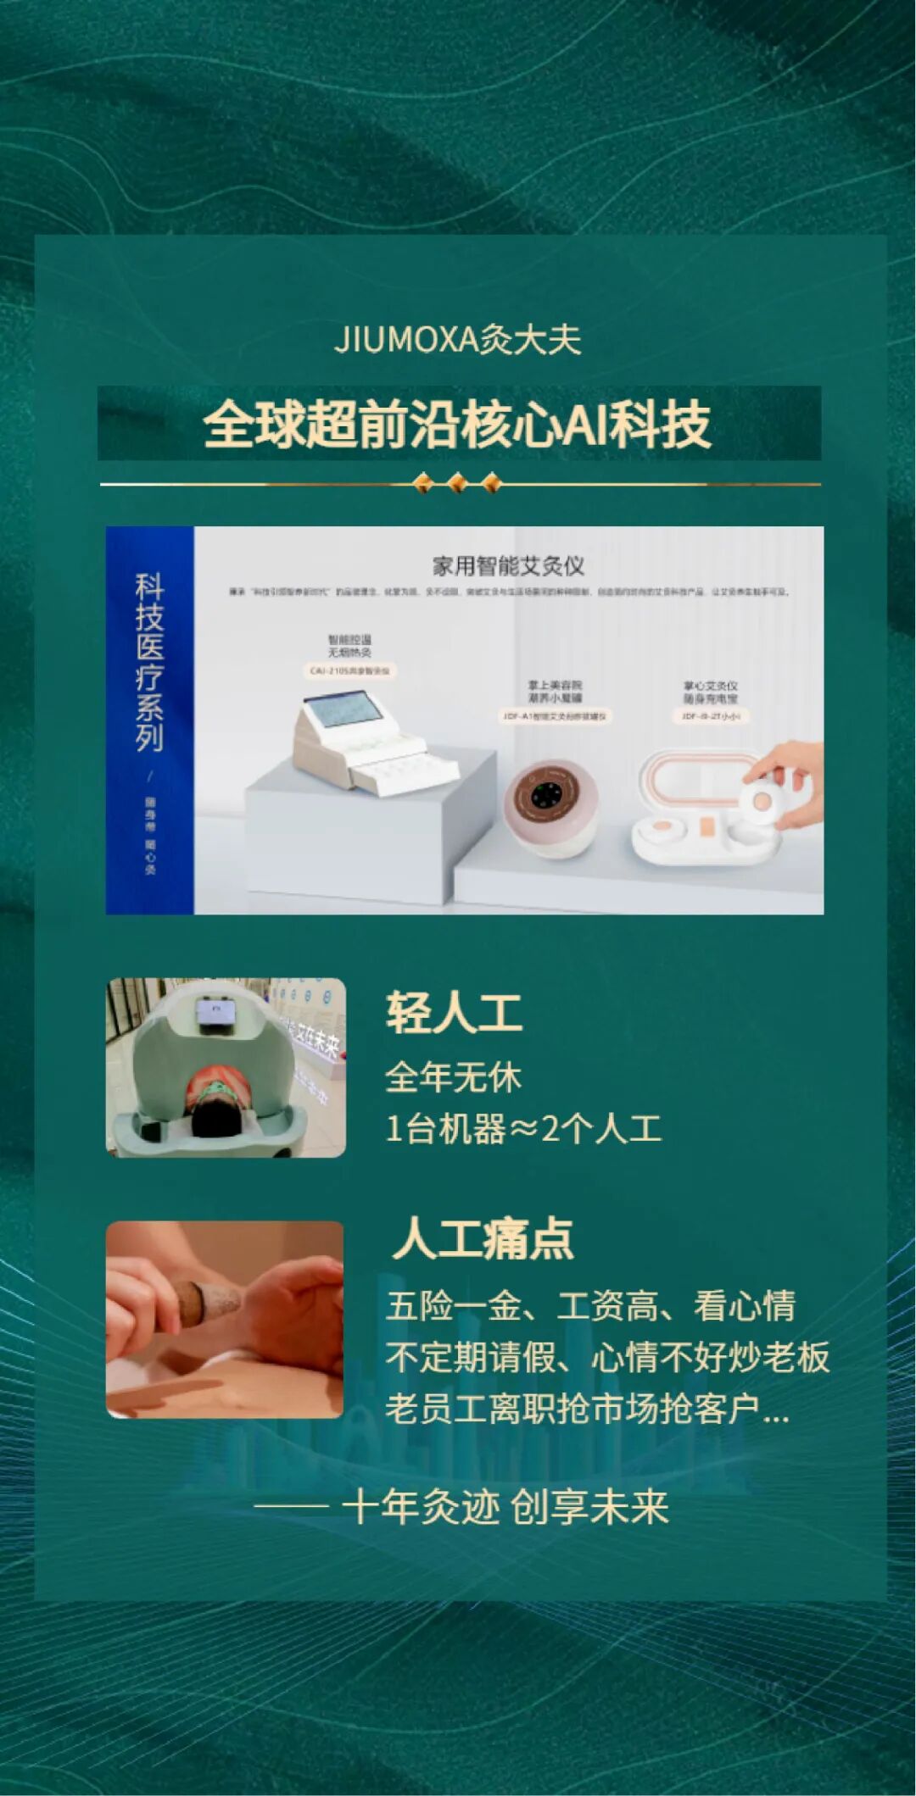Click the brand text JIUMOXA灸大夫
pos(457,340)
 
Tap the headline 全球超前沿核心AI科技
pos(457,424)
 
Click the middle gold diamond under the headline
pos(457,484)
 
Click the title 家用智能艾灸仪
pos(508,566)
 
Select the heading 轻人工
pos(454,1013)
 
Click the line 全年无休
pos(453,1077)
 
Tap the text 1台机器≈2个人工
pos(523,1129)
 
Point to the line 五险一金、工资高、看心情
pos(590,1306)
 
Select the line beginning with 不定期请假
pos(607,1357)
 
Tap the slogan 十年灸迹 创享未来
pos(505,1507)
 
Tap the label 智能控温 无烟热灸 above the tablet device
pos(349,646)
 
